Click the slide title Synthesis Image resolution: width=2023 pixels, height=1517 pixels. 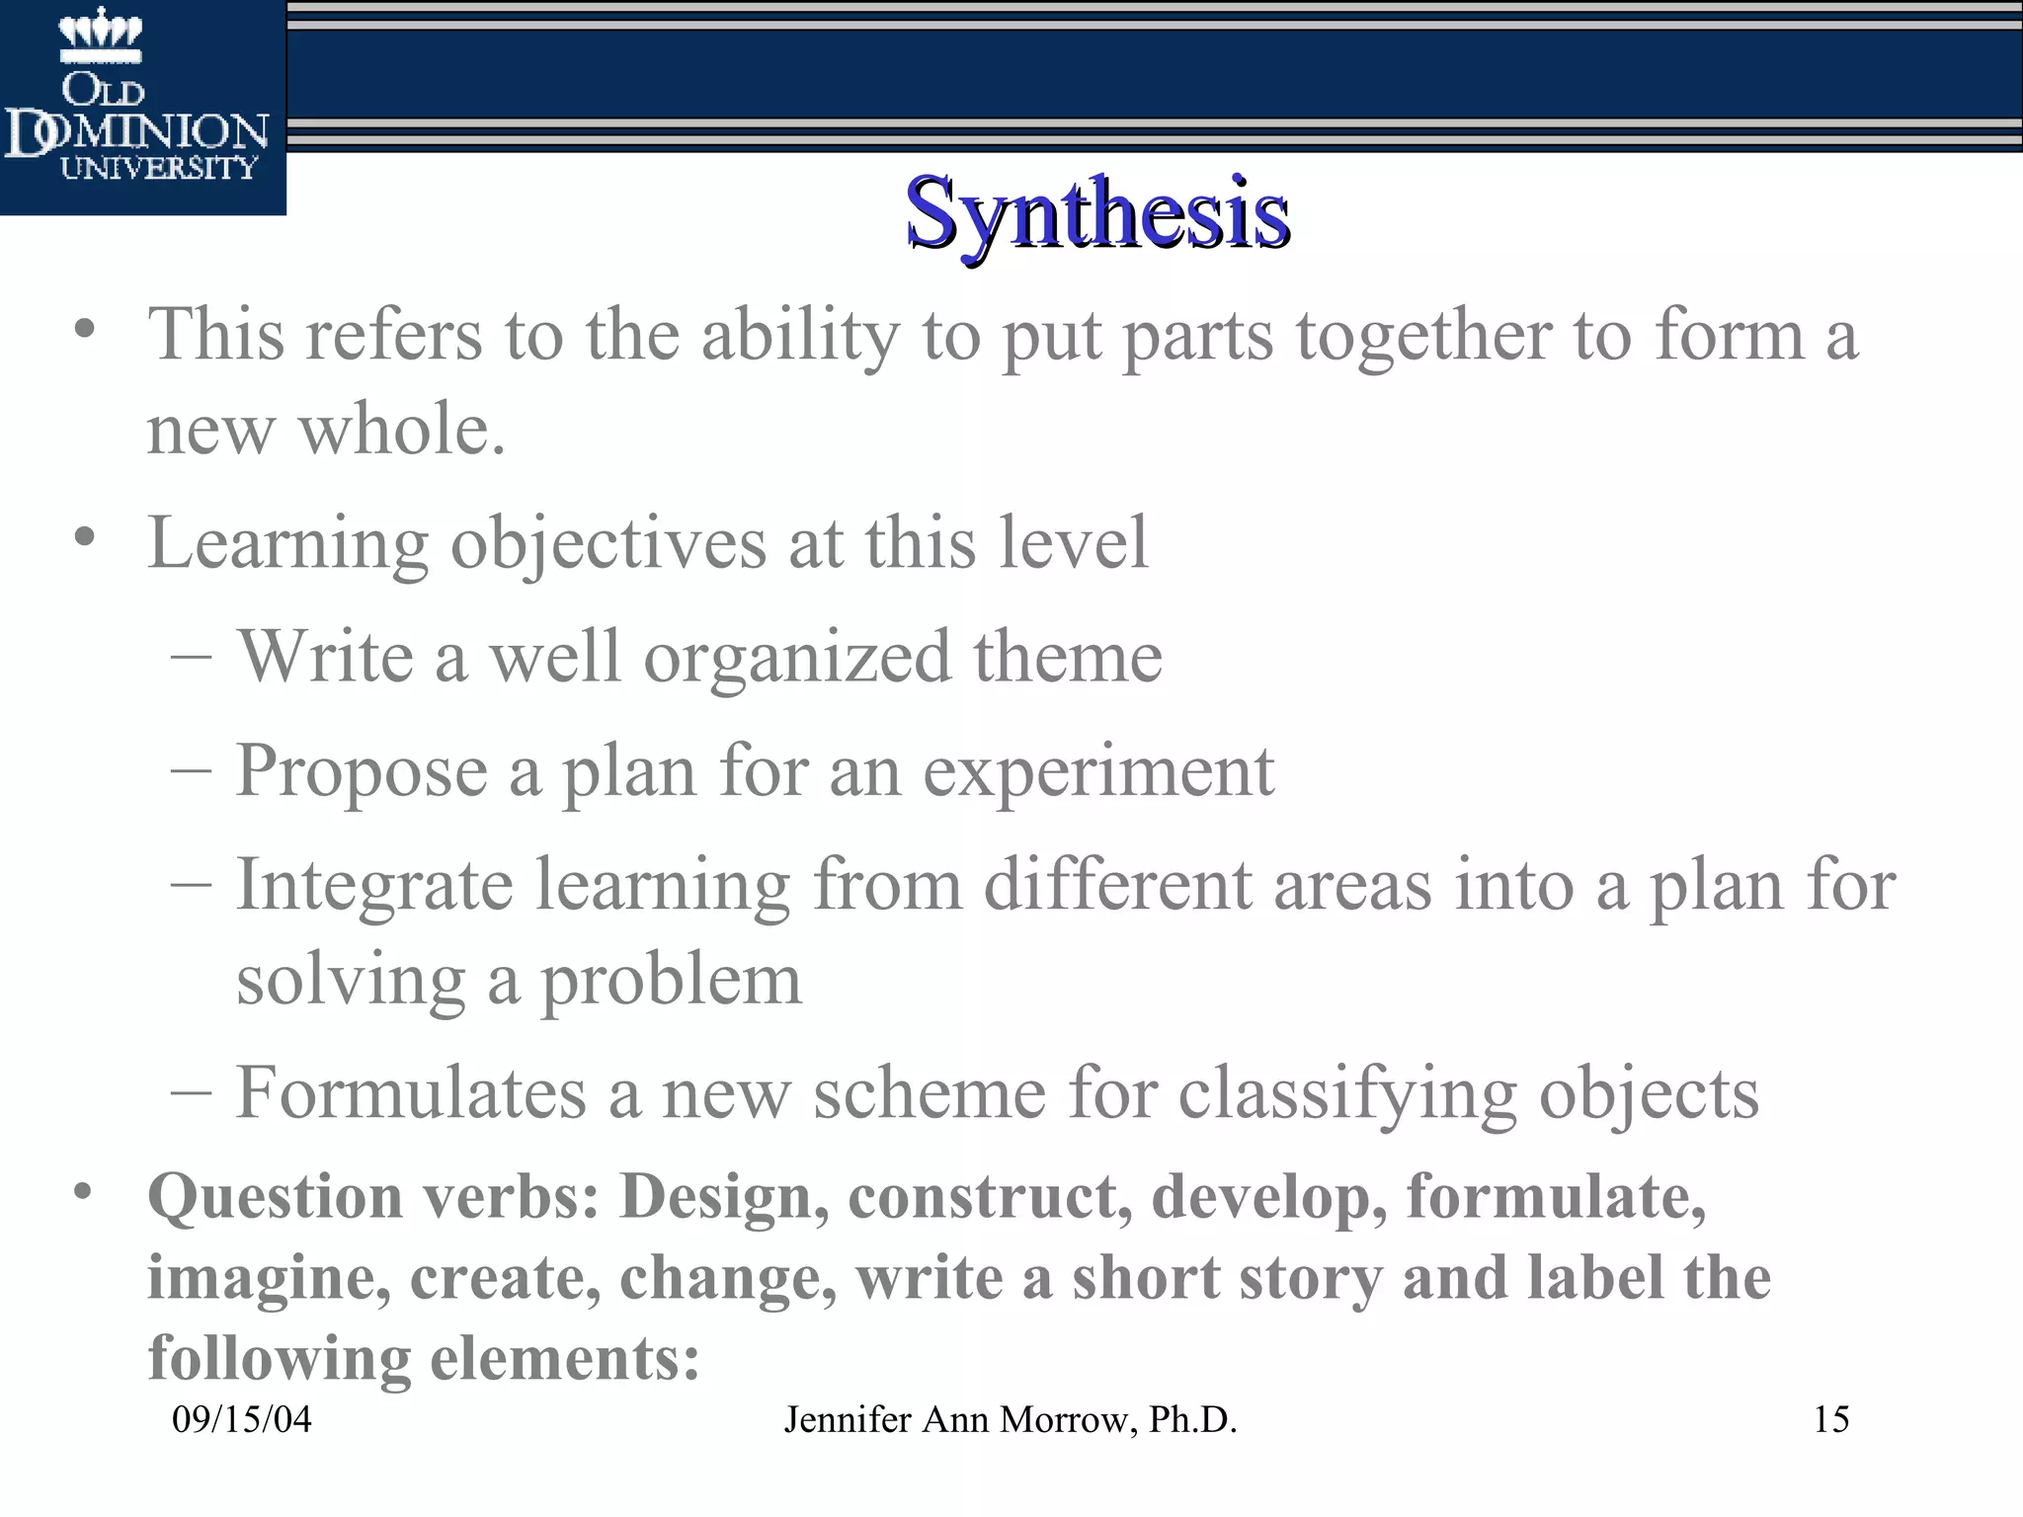[1096, 212]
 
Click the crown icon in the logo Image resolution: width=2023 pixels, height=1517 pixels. [100, 35]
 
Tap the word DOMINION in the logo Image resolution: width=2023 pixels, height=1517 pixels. [138, 133]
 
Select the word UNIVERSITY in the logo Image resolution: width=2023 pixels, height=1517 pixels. [158, 168]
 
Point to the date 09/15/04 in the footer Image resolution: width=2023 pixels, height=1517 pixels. [242, 1419]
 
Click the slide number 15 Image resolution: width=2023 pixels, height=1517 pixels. [1830, 1419]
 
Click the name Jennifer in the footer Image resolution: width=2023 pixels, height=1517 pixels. [848, 1419]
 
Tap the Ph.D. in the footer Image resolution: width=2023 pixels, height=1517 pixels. [1193, 1419]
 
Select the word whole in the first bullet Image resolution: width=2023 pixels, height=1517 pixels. [402, 430]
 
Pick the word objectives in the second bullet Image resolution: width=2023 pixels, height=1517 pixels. [608, 543]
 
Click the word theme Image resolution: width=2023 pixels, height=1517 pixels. [1067, 657]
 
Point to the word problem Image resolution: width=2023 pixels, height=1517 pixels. [672, 981]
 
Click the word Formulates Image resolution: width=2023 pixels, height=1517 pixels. [411, 1093]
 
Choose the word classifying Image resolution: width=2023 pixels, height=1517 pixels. [1347, 1094]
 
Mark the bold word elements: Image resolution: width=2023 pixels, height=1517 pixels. [565, 1358]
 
